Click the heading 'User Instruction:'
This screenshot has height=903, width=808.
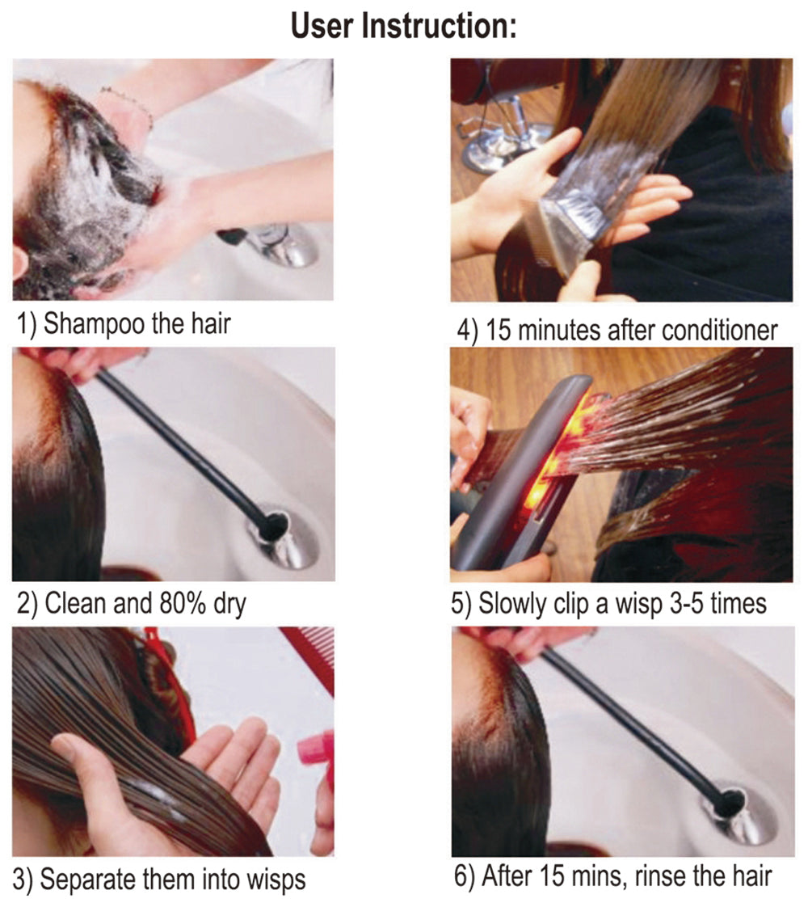403,26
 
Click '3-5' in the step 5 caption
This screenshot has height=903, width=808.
688,604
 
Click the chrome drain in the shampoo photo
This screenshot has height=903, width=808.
283,245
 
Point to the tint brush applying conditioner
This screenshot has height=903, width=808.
567,222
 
